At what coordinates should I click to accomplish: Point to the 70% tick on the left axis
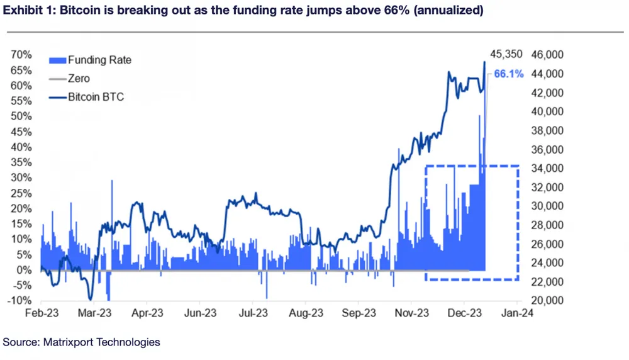tap(23, 55)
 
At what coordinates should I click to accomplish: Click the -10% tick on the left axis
tap(21, 301)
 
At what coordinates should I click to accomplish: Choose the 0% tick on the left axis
tap(26, 270)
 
